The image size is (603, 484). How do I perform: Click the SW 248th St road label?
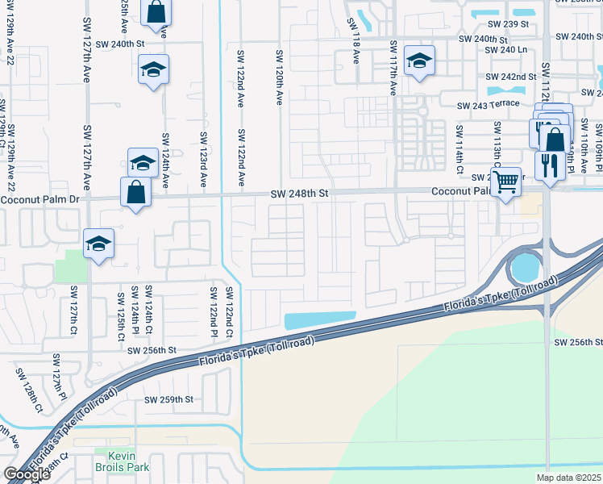[300, 194]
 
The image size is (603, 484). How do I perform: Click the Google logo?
[27, 474]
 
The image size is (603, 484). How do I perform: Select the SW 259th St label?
[169, 399]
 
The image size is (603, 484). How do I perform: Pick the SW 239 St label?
[507, 24]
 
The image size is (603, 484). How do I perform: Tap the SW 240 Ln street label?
[505, 49]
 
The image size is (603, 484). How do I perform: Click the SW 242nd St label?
[510, 77]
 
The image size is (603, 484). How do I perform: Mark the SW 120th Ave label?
[279, 77]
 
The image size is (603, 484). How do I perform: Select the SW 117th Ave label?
[393, 69]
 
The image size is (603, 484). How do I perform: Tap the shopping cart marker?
[505, 183]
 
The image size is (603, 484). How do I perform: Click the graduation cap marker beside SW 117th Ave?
[419, 61]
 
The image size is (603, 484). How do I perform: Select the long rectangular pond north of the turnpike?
[320, 320]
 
